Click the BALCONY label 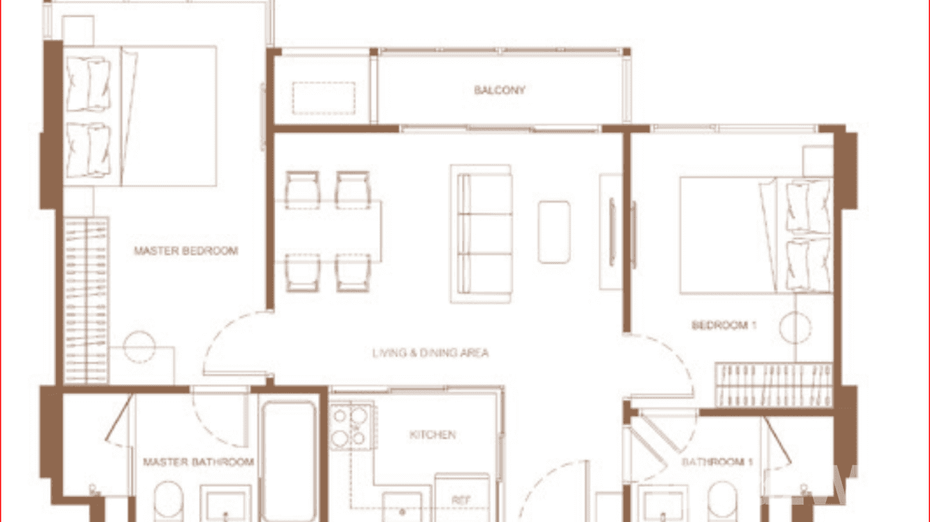pyautogui.click(x=500, y=90)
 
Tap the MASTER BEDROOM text pyautogui.click(x=186, y=251)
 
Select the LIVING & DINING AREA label pyautogui.click(x=430, y=353)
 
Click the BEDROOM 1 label pyautogui.click(x=724, y=325)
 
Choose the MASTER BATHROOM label pyautogui.click(x=198, y=462)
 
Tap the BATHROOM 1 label pyautogui.click(x=717, y=462)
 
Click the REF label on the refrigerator pyautogui.click(x=462, y=500)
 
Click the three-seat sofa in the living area pyautogui.click(x=482, y=234)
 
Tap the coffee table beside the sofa pyautogui.click(x=554, y=232)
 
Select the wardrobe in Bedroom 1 pyautogui.click(x=773, y=384)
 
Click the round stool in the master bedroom pyautogui.click(x=140, y=347)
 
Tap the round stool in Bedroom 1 pyautogui.click(x=795, y=327)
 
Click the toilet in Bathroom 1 pyautogui.click(x=721, y=501)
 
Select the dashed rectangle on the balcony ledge pyautogui.click(x=324, y=98)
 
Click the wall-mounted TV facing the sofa pyautogui.click(x=612, y=232)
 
